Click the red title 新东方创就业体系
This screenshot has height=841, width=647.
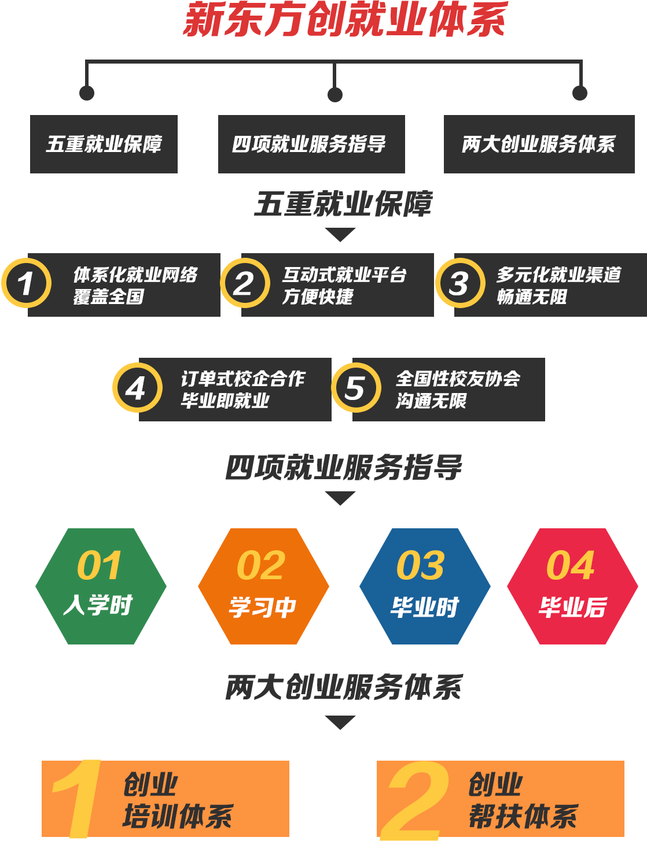[x=345, y=20]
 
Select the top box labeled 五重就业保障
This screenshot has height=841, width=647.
[x=104, y=144]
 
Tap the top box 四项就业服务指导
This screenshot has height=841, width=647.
[x=311, y=144]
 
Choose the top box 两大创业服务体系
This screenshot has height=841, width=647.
[x=539, y=144]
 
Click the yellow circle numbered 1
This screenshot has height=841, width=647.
[x=26, y=283]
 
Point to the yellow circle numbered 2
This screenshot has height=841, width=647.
[x=245, y=283]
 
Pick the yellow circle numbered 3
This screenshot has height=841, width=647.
[x=460, y=283]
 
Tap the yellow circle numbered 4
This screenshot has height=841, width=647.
[x=137, y=388]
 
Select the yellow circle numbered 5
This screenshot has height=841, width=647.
[x=356, y=388]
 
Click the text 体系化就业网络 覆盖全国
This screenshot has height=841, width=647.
[x=135, y=285]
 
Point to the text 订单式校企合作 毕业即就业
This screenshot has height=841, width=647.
[x=242, y=390]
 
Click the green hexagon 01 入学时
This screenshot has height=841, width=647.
[x=101, y=586]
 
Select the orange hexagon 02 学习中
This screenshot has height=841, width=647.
[x=263, y=586]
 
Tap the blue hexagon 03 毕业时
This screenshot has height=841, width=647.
[x=425, y=586]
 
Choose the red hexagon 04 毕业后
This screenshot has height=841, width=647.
[x=572, y=586]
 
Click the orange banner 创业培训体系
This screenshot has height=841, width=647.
[x=166, y=799]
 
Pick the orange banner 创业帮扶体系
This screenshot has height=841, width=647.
[x=501, y=799]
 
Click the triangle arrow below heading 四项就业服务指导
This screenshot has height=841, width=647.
[x=340, y=498]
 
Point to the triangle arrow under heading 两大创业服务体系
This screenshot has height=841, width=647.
[x=340, y=722]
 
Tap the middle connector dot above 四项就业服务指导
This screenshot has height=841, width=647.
[x=334, y=94]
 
